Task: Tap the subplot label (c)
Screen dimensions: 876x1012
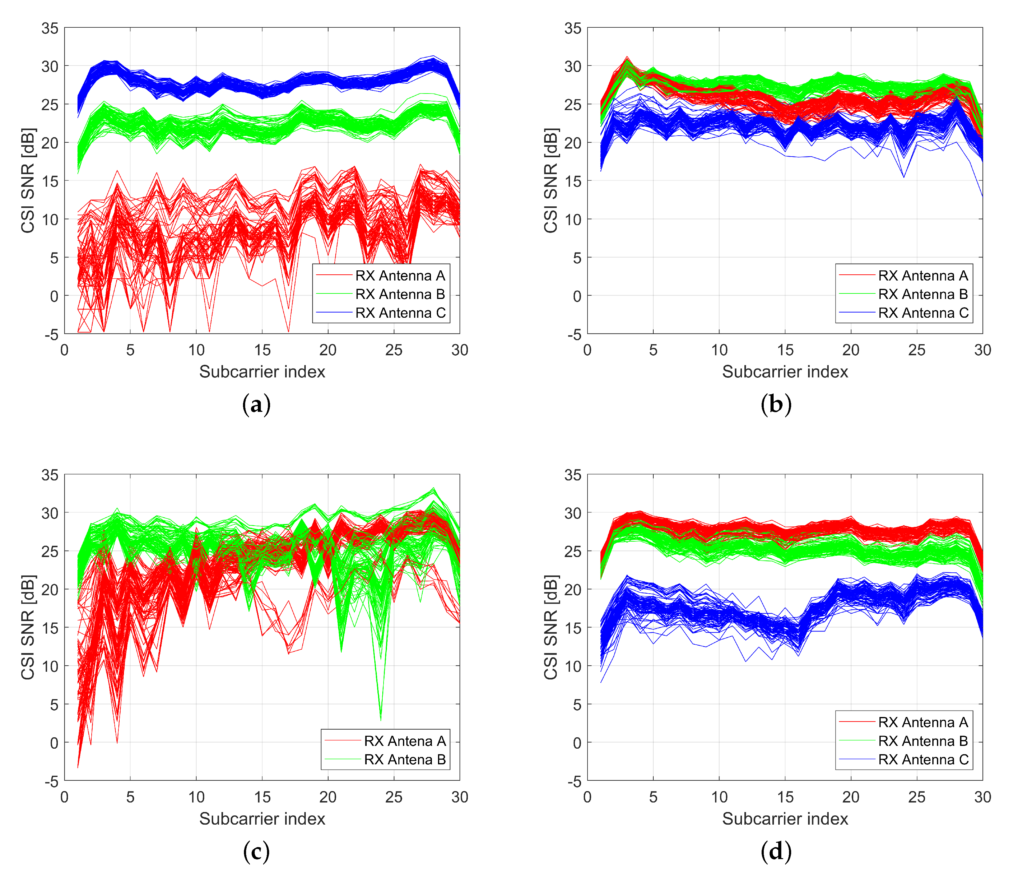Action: pos(256,852)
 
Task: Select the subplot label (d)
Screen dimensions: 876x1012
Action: pos(776,852)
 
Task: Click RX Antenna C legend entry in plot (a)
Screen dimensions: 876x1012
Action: pos(400,313)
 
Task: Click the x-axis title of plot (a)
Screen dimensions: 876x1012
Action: pos(262,372)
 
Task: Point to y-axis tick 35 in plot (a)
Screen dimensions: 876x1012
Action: pos(50,28)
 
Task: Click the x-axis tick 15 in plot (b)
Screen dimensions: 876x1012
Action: pos(785,350)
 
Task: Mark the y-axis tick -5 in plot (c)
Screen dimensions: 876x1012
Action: pos(51,782)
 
